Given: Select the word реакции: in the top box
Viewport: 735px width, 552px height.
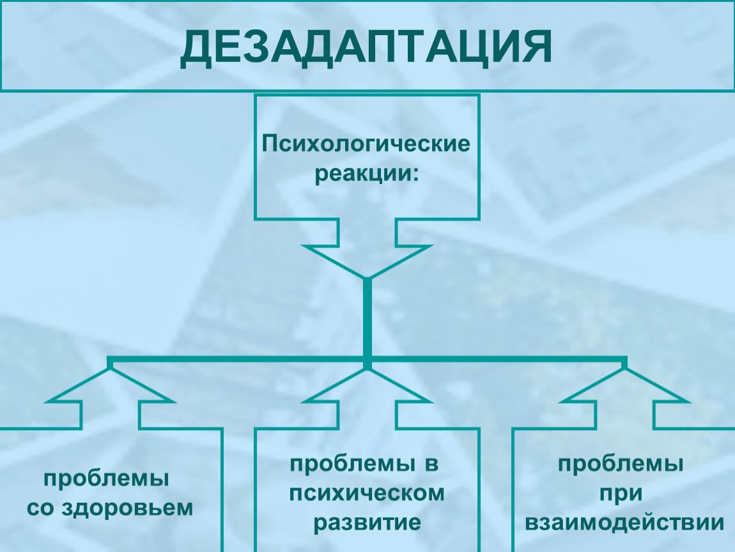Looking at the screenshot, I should click(x=366, y=175).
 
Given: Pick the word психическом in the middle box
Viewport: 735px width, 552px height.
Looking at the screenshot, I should click(x=366, y=493).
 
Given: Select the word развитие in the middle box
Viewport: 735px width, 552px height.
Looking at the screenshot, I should click(x=366, y=523).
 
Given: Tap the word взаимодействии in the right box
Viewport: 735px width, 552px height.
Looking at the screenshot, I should click(x=624, y=523).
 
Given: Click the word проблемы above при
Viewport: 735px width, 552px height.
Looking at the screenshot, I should click(x=621, y=464).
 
